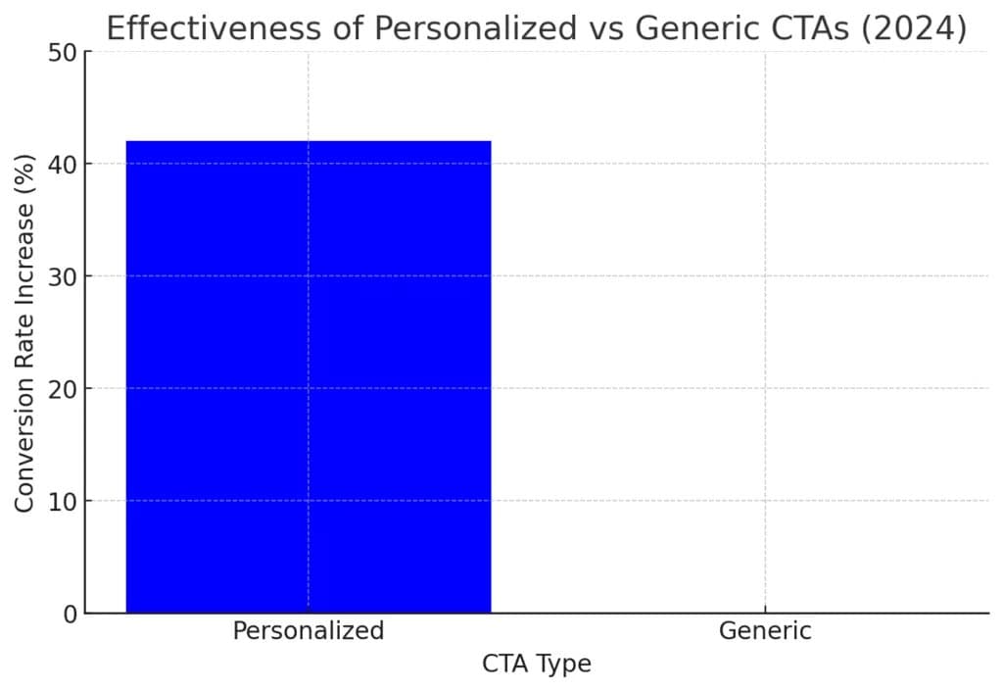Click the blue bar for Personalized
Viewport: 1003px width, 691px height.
point(309,376)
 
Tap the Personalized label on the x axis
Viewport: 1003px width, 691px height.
point(309,631)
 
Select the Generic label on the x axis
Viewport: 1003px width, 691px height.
point(765,631)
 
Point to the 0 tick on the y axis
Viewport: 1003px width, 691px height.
point(71,615)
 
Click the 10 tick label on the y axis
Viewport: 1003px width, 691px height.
point(63,502)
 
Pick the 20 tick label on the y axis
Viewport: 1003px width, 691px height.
point(63,389)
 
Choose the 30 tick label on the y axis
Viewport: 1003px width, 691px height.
point(63,276)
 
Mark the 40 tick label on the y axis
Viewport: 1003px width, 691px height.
point(63,165)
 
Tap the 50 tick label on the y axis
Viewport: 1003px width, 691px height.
point(63,53)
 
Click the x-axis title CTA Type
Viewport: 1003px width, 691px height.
point(537,665)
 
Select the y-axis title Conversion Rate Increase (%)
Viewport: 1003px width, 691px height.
point(24,332)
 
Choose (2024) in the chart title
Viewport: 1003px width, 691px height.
point(914,29)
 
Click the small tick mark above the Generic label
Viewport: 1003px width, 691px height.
point(765,609)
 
